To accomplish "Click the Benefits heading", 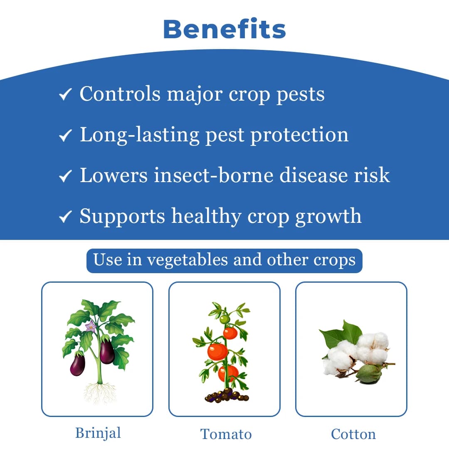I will click(x=224, y=29).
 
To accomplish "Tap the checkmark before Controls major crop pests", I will click(x=65, y=95).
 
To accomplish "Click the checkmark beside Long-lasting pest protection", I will click(x=65, y=136).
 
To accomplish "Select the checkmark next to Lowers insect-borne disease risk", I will click(x=65, y=176).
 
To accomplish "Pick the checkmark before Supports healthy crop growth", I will click(x=65, y=217).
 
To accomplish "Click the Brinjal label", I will click(x=98, y=433).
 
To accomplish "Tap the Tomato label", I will click(x=226, y=434).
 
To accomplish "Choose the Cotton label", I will click(x=353, y=434).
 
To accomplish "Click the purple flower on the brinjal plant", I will click(x=90, y=326).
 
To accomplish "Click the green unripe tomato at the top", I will click(x=224, y=319).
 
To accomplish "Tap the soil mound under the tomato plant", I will click(x=227, y=395).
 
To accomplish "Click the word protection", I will click(x=299, y=135).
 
